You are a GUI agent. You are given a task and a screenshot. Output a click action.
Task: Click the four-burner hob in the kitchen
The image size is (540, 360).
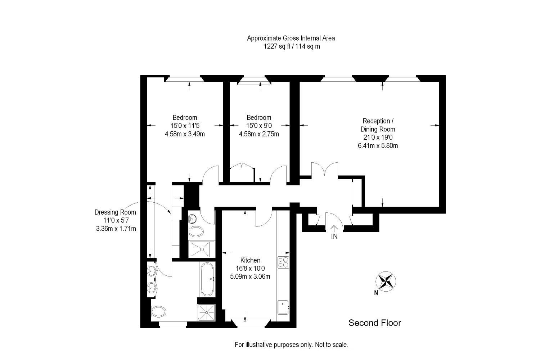(x=283, y=262)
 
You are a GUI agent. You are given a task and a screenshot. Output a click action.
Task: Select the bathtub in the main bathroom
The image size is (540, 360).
(x=207, y=279)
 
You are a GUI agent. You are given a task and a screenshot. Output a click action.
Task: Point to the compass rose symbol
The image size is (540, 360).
(x=386, y=281)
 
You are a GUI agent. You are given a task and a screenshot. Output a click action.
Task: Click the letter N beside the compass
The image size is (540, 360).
(x=376, y=293)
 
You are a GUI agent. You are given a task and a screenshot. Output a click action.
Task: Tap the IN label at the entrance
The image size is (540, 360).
(x=334, y=237)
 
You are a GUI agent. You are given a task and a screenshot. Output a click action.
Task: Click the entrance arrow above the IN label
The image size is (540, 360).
(x=334, y=228)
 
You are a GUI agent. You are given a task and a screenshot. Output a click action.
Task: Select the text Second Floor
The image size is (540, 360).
(x=374, y=323)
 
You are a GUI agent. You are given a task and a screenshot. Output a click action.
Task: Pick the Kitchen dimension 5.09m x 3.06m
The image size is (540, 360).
(x=250, y=276)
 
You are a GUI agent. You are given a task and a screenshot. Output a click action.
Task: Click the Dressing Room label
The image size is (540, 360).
(x=115, y=212)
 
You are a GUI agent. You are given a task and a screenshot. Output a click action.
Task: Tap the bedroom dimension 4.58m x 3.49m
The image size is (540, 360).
(x=185, y=134)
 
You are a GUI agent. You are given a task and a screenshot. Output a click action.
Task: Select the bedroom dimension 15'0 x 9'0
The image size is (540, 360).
(x=259, y=126)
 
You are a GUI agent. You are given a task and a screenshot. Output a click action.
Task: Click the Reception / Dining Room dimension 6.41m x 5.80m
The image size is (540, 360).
(x=378, y=146)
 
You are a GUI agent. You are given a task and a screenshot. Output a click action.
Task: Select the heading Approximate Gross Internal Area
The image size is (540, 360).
(x=291, y=38)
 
